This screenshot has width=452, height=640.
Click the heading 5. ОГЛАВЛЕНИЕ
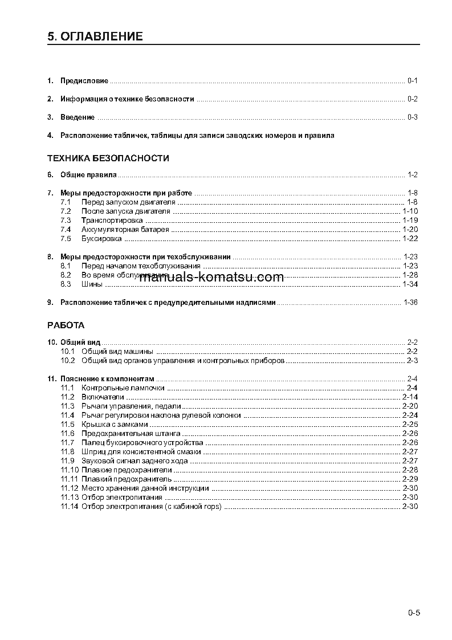click(x=95, y=37)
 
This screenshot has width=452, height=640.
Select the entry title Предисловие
click(x=84, y=81)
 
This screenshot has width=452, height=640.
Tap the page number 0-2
click(x=413, y=99)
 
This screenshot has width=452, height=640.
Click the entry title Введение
click(x=78, y=117)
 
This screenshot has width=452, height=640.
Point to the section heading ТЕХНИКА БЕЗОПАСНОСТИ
click(x=108, y=158)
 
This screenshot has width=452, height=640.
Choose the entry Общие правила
click(x=88, y=175)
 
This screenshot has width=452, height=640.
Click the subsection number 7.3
click(x=65, y=220)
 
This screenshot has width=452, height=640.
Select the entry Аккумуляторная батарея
click(x=125, y=229)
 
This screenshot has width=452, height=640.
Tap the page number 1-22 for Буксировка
click(x=410, y=238)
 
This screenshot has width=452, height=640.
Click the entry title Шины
click(x=92, y=284)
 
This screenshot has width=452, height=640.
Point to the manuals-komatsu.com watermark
click(x=211, y=278)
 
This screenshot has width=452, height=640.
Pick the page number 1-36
click(x=410, y=303)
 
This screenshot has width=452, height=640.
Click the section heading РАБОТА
click(x=66, y=325)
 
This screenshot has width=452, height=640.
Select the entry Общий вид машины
click(x=117, y=352)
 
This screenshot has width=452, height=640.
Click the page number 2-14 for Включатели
click(x=410, y=397)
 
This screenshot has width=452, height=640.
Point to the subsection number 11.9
click(x=67, y=460)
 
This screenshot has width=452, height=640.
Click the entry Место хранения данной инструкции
click(x=145, y=488)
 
